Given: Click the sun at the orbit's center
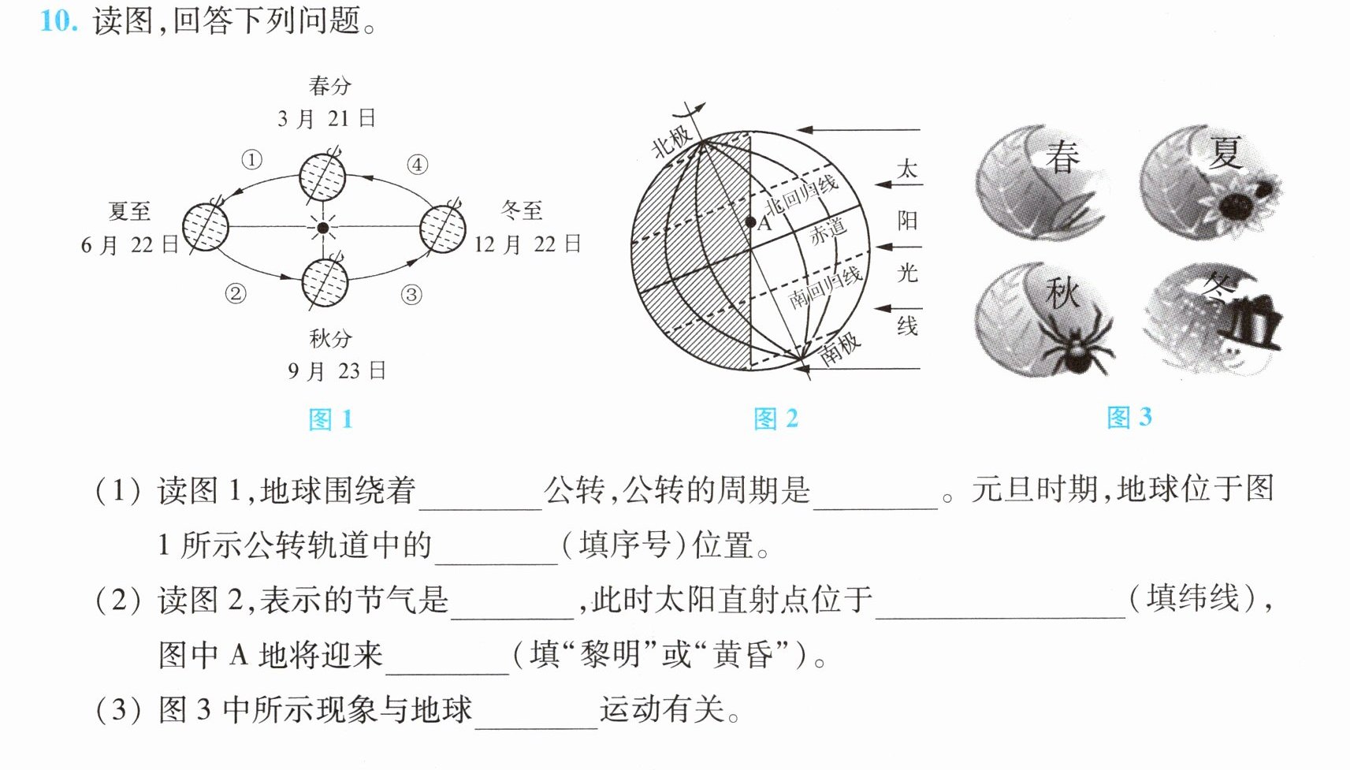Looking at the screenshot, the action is (323, 228).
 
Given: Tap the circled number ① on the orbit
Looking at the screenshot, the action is (252, 160).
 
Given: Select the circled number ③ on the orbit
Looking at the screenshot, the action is (411, 295).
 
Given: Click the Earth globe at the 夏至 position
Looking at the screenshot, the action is (206, 227).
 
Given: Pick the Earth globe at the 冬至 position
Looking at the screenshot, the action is (443, 229).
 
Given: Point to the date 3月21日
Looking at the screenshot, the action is (326, 119).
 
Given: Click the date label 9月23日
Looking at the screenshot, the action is (337, 370).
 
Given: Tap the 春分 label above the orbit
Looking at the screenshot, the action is (329, 86).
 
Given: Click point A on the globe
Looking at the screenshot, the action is (750, 222).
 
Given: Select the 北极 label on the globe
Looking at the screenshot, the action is (671, 141).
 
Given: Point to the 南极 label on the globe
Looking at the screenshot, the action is (840, 348).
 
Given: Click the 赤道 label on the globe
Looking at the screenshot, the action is (827, 232).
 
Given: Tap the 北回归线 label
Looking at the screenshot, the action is (801, 194).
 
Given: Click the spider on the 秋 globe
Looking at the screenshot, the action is (1078, 345).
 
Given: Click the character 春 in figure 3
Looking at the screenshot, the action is (1062, 158).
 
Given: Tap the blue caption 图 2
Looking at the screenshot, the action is (776, 418).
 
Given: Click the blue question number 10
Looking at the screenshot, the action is (58, 21).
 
